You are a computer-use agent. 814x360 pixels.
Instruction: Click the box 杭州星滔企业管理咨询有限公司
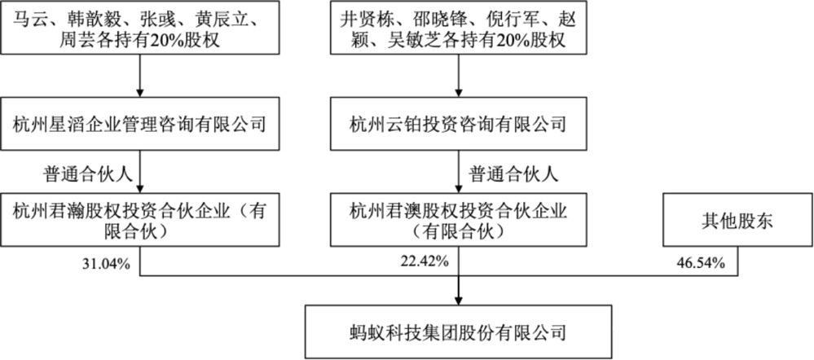click(x=140, y=125)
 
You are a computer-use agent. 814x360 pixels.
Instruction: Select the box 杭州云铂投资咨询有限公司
click(x=459, y=125)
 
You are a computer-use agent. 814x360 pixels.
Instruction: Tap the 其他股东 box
click(x=737, y=221)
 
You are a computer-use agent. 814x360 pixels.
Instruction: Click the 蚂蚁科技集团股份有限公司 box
click(x=459, y=330)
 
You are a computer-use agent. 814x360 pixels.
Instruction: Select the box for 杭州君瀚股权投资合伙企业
click(x=140, y=221)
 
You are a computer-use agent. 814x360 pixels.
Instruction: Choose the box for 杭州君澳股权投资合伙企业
click(x=459, y=221)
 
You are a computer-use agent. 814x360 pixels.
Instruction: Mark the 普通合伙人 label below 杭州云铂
click(x=513, y=173)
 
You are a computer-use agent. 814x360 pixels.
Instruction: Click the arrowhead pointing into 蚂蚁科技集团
click(x=459, y=301)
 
